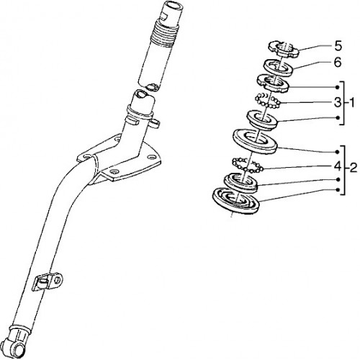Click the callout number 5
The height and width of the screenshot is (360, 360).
point(338,46)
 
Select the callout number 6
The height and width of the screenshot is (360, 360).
point(338,63)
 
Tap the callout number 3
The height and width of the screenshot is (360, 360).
point(338,102)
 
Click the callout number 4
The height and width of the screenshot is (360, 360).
point(338,166)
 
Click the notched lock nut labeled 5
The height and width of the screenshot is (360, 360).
point(284,49)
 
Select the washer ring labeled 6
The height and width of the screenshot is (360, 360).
point(279,68)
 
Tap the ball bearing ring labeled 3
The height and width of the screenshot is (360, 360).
point(268,101)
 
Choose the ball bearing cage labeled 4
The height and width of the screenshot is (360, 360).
point(248,166)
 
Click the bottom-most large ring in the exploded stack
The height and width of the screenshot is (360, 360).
point(236,201)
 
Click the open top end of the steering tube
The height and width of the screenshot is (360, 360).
point(174,6)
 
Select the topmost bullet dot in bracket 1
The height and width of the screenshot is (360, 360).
point(338,87)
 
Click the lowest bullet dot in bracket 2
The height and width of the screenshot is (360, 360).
point(338,190)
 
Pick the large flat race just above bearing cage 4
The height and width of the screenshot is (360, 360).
point(255,141)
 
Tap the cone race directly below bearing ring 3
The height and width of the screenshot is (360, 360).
point(262,121)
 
